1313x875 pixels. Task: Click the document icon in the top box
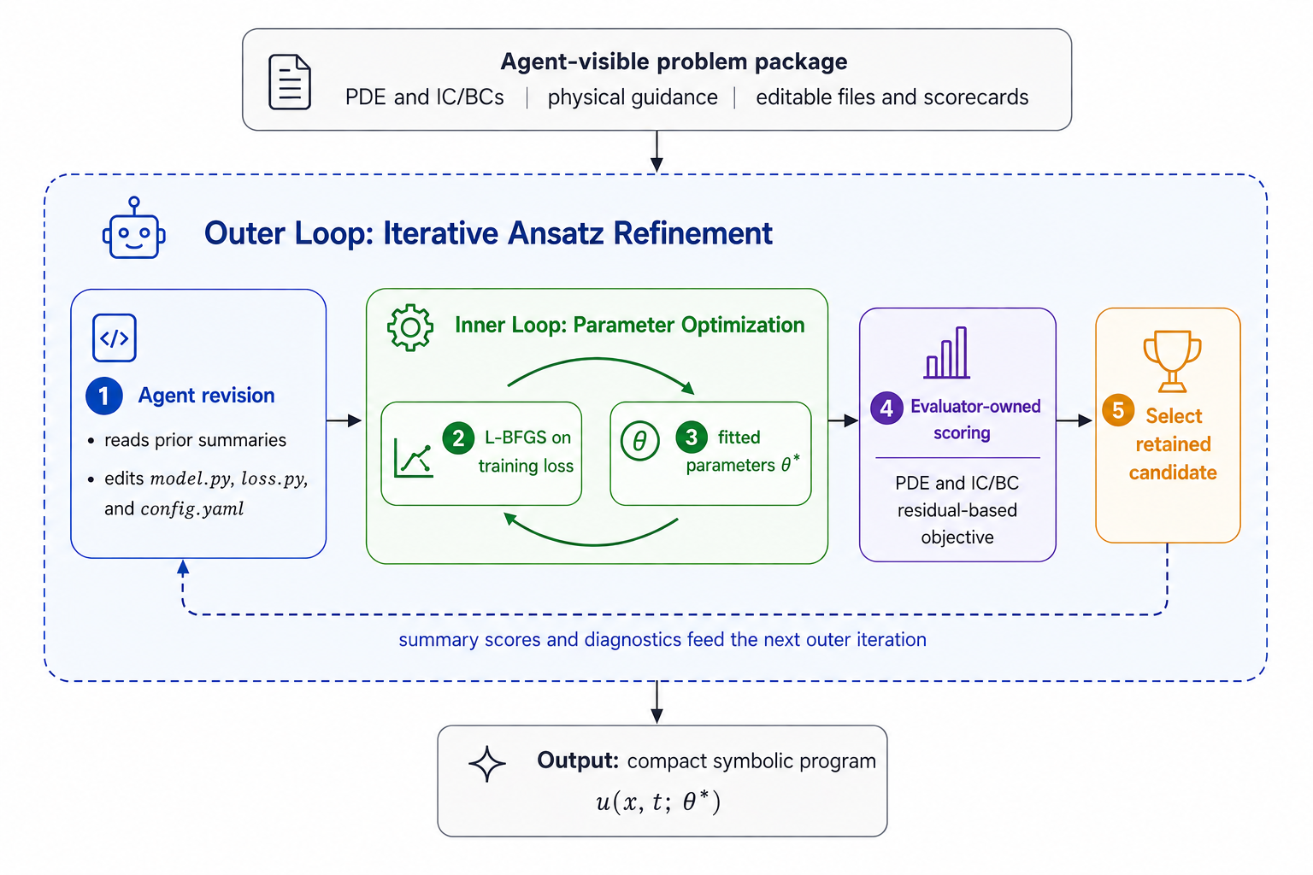coord(290,81)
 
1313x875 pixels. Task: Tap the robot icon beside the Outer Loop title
coord(134,227)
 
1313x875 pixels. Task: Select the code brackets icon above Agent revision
coord(115,338)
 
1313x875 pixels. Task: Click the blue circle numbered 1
coord(103,396)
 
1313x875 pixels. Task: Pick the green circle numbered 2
coord(458,437)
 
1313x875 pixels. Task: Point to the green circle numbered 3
coord(692,437)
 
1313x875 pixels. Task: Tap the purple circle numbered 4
coord(886,408)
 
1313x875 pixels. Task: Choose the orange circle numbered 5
coord(1118,410)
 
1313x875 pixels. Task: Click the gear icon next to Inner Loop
coord(410,327)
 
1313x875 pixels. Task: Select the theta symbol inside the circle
coord(640,441)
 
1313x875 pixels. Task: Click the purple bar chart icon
coord(947,353)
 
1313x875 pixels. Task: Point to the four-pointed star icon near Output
coord(487,764)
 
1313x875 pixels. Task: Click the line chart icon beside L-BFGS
coord(414,458)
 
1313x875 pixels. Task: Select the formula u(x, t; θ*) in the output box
coord(658,802)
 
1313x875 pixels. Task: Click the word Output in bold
coord(578,760)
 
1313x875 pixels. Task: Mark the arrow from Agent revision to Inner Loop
coord(344,420)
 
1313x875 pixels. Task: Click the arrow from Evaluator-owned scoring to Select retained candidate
coord(1075,420)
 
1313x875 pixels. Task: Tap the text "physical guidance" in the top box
coord(633,97)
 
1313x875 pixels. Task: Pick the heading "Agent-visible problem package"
coord(674,62)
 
